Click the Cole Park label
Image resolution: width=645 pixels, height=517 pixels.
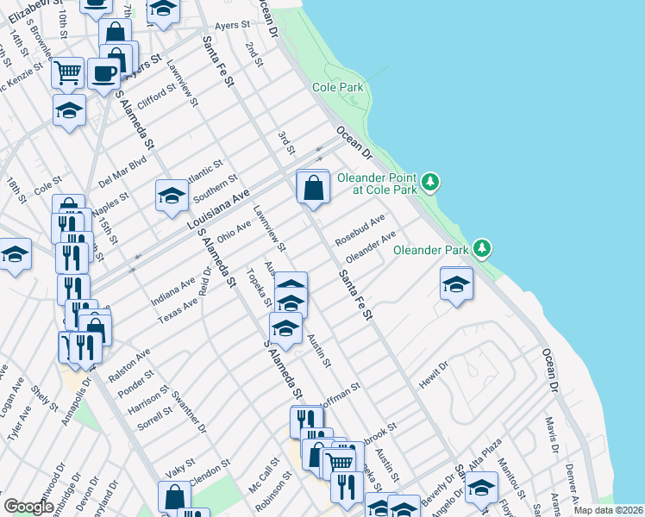tap(338, 87)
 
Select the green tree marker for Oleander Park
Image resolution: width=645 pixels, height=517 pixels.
tap(483, 249)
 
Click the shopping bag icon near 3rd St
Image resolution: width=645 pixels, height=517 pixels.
tap(313, 186)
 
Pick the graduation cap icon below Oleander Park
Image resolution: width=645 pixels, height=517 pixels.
tap(456, 284)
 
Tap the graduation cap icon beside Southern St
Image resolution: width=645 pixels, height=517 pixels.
tap(172, 196)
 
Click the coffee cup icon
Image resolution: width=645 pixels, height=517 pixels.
tap(103, 73)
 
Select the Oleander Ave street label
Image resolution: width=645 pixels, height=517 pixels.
tap(370, 246)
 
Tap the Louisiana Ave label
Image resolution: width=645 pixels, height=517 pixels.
tap(217, 208)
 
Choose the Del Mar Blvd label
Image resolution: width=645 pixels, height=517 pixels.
tap(123, 171)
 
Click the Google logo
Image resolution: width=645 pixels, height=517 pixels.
tap(28, 507)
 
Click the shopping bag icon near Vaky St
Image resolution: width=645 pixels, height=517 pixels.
tap(174, 495)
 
